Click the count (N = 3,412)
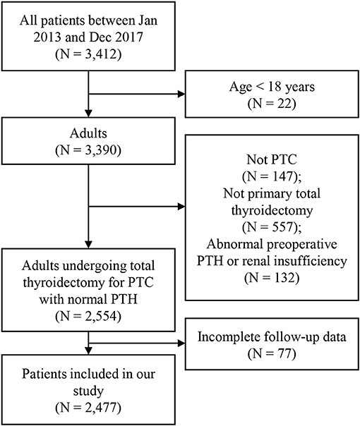click(88, 54)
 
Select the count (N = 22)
click(272, 104)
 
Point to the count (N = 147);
click(272, 176)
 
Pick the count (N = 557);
click(272, 227)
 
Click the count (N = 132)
click(272, 278)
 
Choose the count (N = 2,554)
click(88, 316)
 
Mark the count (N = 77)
click(272, 354)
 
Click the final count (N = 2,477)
click(88, 408)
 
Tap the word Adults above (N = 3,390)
click(88, 133)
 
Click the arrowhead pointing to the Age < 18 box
click(181, 95)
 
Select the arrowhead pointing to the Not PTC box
click(181, 207)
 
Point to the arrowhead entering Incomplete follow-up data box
click(181, 343)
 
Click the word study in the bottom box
click(88, 391)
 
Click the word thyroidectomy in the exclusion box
click(272, 211)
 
